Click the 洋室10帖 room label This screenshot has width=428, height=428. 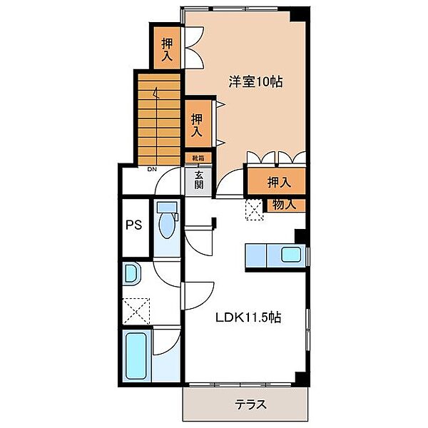[255, 81]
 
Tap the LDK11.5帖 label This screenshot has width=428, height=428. [248, 317]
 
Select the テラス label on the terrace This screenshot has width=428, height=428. [250, 404]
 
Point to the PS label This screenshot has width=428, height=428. [134, 225]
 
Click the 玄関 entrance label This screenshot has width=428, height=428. [199, 180]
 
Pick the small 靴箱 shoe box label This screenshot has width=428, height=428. [198, 158]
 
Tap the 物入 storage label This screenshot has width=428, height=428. [285, 205]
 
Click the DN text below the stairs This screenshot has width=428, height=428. [152, 169]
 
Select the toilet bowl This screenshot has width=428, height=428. [166, 225]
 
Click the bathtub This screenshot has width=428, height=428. [136, 355]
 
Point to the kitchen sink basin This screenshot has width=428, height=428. [291, 255]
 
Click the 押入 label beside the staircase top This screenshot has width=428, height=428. [167, 49]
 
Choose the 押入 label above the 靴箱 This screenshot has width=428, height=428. [197, 126]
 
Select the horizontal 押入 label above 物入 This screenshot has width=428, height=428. [279, 183]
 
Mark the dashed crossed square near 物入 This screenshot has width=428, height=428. [255, 209]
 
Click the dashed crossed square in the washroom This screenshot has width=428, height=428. [136, 311]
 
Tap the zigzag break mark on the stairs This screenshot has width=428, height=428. [156, 93]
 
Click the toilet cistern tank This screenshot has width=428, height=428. [167, 207]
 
